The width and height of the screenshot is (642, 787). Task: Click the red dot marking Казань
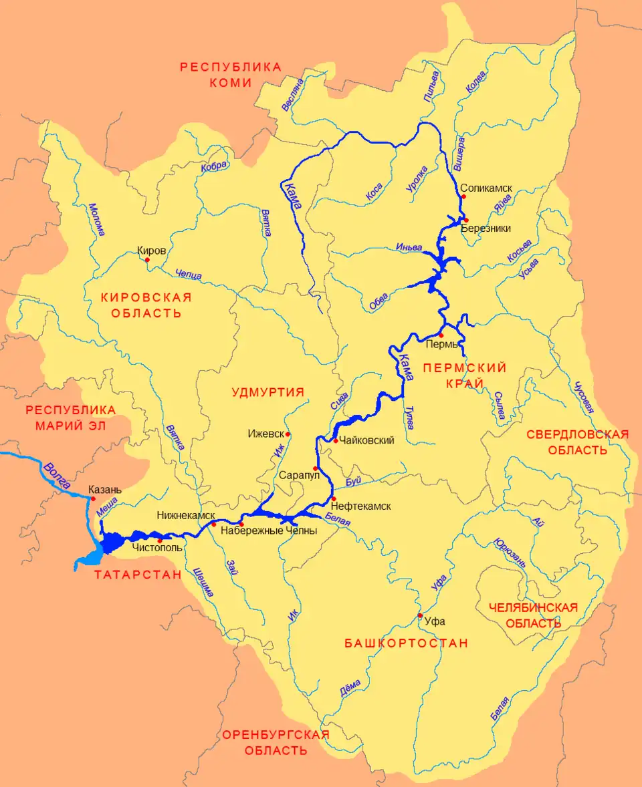pyautogui.click(x=93, y=498)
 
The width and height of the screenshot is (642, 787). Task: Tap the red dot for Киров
pyautogui.click(x=147, y=260)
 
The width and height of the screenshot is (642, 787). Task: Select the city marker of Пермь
pyautogui.click(x=441, y=335)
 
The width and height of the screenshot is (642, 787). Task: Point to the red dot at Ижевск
pyautogui.click(x=288, y=434)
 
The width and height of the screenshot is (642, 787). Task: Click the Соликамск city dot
pyautogui.click(x=463, y=196)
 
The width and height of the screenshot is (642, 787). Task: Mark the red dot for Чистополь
pyautogui.click(x=159, y=540)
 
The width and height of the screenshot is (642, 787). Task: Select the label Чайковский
pyautogui.click(x=367, y=440)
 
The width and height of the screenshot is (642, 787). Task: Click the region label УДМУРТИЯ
pyautogui.click(x=267, y=392)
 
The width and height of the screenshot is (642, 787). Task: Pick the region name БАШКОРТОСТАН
pyautogui.click(x=406, y=643)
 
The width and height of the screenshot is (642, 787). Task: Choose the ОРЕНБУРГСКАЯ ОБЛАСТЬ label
pyautogui.click(x=276, y=742)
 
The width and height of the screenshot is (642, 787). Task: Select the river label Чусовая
pyautogui.click(x=581, y=397)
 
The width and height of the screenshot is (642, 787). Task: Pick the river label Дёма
pyautogui.click(x=350, y=688)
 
